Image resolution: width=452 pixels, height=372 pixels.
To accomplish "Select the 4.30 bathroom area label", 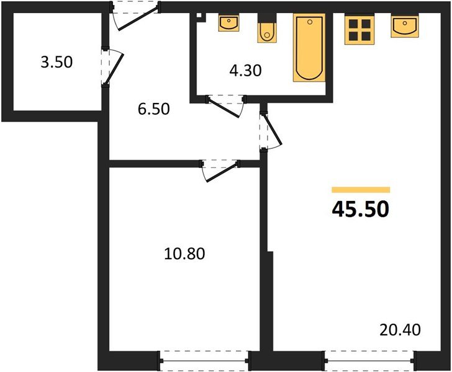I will point(245,70).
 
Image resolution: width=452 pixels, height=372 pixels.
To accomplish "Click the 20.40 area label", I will point(400,329).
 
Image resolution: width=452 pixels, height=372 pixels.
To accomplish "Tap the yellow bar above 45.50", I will point(360,190).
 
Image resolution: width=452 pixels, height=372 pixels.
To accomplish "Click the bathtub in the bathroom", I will point(309,48).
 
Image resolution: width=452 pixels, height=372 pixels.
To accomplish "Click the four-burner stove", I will point(359,28).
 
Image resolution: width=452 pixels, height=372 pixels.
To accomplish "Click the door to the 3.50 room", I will point(112,66).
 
